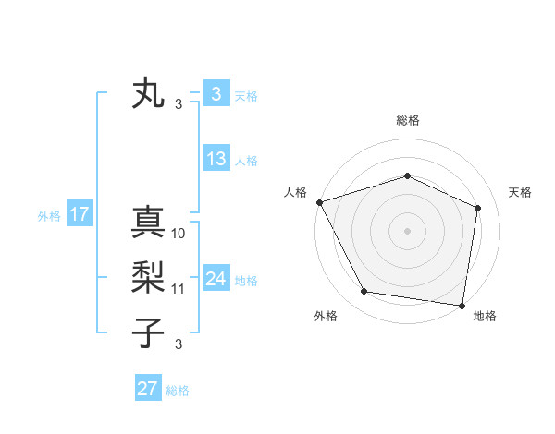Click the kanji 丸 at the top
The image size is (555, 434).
pos(149,93)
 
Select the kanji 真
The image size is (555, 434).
pos(149,223)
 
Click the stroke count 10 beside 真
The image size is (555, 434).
pos(179,234)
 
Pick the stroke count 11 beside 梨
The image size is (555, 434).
pos(179,289)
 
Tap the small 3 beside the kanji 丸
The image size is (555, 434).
pos(179,104)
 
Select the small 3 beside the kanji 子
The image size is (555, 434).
pos(179,344)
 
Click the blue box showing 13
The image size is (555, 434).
pos(216,159)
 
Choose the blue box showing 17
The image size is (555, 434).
pos(79,215)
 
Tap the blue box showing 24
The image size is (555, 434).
pos(216,279)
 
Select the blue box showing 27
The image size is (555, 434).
pos(147,389)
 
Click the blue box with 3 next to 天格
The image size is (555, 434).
pos(216,93)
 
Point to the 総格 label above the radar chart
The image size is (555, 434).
pos(407,120)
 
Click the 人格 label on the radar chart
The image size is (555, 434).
pos(295,192)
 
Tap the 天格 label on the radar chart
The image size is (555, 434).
pos(520,192)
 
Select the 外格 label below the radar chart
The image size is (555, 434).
pos(326,316)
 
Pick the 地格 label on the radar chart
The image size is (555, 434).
pos(485,316)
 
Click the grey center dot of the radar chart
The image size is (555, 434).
pos(407,230)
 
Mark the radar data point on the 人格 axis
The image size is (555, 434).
pos(319,202)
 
